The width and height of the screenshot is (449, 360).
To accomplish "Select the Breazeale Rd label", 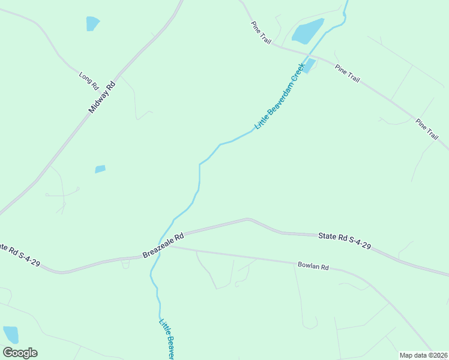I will [163, 246].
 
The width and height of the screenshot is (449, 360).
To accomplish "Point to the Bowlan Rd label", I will [313, 265].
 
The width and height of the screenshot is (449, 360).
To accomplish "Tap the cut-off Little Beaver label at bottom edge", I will [166, 339].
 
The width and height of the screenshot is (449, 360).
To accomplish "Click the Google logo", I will [20, 353].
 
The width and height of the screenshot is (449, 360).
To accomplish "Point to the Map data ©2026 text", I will [424, 355].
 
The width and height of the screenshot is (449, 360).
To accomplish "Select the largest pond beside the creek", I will [307, 31].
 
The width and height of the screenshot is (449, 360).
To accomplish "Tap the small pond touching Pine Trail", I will [309, 65].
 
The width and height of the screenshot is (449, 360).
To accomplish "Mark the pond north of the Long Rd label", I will [92, 23].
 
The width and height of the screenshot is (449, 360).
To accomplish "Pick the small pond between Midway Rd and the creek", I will [100, 169].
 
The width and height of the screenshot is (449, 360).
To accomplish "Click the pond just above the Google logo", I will [11, 334].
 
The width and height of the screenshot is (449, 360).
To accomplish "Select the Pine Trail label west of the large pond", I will [262, 32].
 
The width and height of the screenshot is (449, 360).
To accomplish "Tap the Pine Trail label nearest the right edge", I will [427, 129].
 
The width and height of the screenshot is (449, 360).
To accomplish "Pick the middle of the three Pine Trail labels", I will [348, 73].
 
